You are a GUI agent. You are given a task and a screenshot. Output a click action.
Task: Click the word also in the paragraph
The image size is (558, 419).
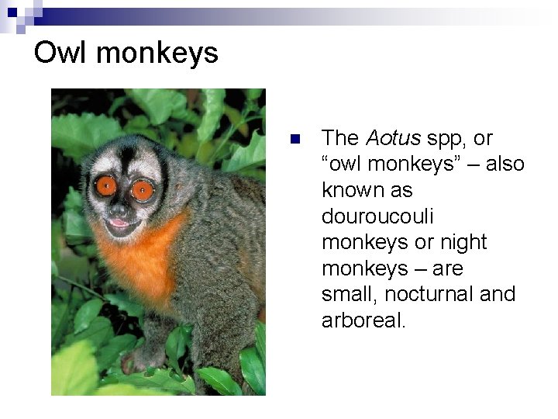click(x=501, y=164)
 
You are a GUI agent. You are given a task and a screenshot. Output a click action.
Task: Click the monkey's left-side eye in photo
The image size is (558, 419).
click(x=106, y=185)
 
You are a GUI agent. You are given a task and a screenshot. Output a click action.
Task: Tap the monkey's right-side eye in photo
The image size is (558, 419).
click(x=142, y=189)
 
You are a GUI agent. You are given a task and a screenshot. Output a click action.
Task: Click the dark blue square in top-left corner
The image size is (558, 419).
click(x=12, y=12)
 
